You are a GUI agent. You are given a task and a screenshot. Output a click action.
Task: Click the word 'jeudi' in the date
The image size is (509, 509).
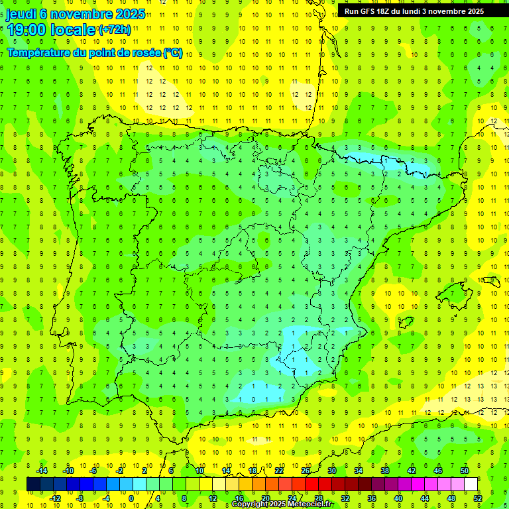pyautogui.click(x=21, y=14)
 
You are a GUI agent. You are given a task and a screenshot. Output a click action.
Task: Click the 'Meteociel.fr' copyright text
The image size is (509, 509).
pyautogui.click(x=310, y=504)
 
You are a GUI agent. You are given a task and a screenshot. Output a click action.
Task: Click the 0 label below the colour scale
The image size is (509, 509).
pyautogui.click(x=131, y=498)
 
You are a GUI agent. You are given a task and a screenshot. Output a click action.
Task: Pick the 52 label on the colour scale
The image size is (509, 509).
pyautogui.click(x=478, y=498)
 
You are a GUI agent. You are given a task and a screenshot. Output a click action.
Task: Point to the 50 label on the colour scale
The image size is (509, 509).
pyautogui.click(x=465, y=471)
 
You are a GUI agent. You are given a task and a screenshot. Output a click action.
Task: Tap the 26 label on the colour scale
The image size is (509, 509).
pyautogui.click(x=306, y=471)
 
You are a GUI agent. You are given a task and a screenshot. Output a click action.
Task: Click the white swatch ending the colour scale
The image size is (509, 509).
pyautogui.click(x=471, y=484)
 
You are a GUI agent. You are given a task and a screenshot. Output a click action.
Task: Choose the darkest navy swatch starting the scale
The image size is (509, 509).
pyautogui.click(x=34, y=484)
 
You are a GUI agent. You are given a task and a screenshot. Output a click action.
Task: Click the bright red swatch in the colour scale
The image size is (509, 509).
pyautogui.click(x=312, y=484)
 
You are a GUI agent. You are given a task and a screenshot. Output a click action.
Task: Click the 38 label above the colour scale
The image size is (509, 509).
pyautogui.click(x=385, y=471)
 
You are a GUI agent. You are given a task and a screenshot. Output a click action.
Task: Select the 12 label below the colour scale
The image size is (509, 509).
pyautogui.click(x=213, y=498)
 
